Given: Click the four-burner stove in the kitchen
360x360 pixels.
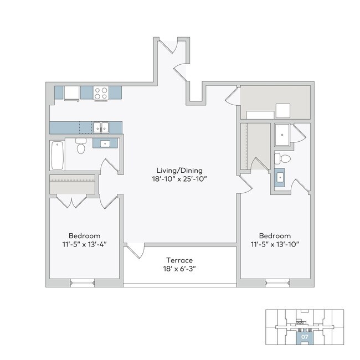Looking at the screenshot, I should point(100,93).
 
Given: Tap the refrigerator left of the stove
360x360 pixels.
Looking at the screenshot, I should point(72,93).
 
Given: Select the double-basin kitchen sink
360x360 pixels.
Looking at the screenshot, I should point(100,127).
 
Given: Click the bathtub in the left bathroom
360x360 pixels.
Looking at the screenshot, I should point(57,156).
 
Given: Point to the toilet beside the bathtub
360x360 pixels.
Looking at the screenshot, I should point(81,147).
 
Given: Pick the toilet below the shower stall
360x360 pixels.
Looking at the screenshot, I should point(284,159).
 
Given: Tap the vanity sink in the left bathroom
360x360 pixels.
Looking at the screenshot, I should point(104,144).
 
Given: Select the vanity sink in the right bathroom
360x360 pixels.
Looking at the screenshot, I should point(280,178).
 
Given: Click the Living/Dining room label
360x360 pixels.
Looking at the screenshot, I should point(179,170).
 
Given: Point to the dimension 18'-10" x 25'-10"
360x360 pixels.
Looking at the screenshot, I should point(179,179).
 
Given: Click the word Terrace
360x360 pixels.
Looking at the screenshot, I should point(179,260).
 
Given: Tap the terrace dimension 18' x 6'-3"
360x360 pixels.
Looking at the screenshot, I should point(179,269).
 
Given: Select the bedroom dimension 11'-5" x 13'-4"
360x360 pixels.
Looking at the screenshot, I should point(84,244).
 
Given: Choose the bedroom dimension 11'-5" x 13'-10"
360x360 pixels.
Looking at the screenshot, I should point(275,244).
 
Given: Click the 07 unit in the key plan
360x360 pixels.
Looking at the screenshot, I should point(304,336).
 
